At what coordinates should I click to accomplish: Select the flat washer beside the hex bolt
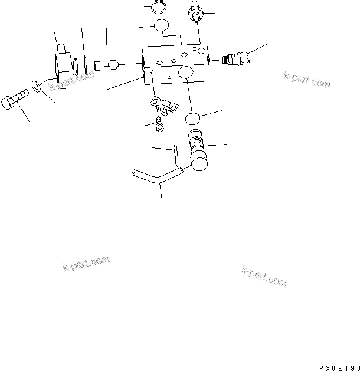click(x=37, y=88)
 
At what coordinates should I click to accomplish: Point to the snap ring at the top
click(x=157, y=7)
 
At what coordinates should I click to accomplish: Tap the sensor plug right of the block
click(x=236, y=58)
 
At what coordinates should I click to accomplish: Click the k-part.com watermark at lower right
click(x=264, y=276)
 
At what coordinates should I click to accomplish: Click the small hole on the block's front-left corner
click(x=151, y=71)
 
